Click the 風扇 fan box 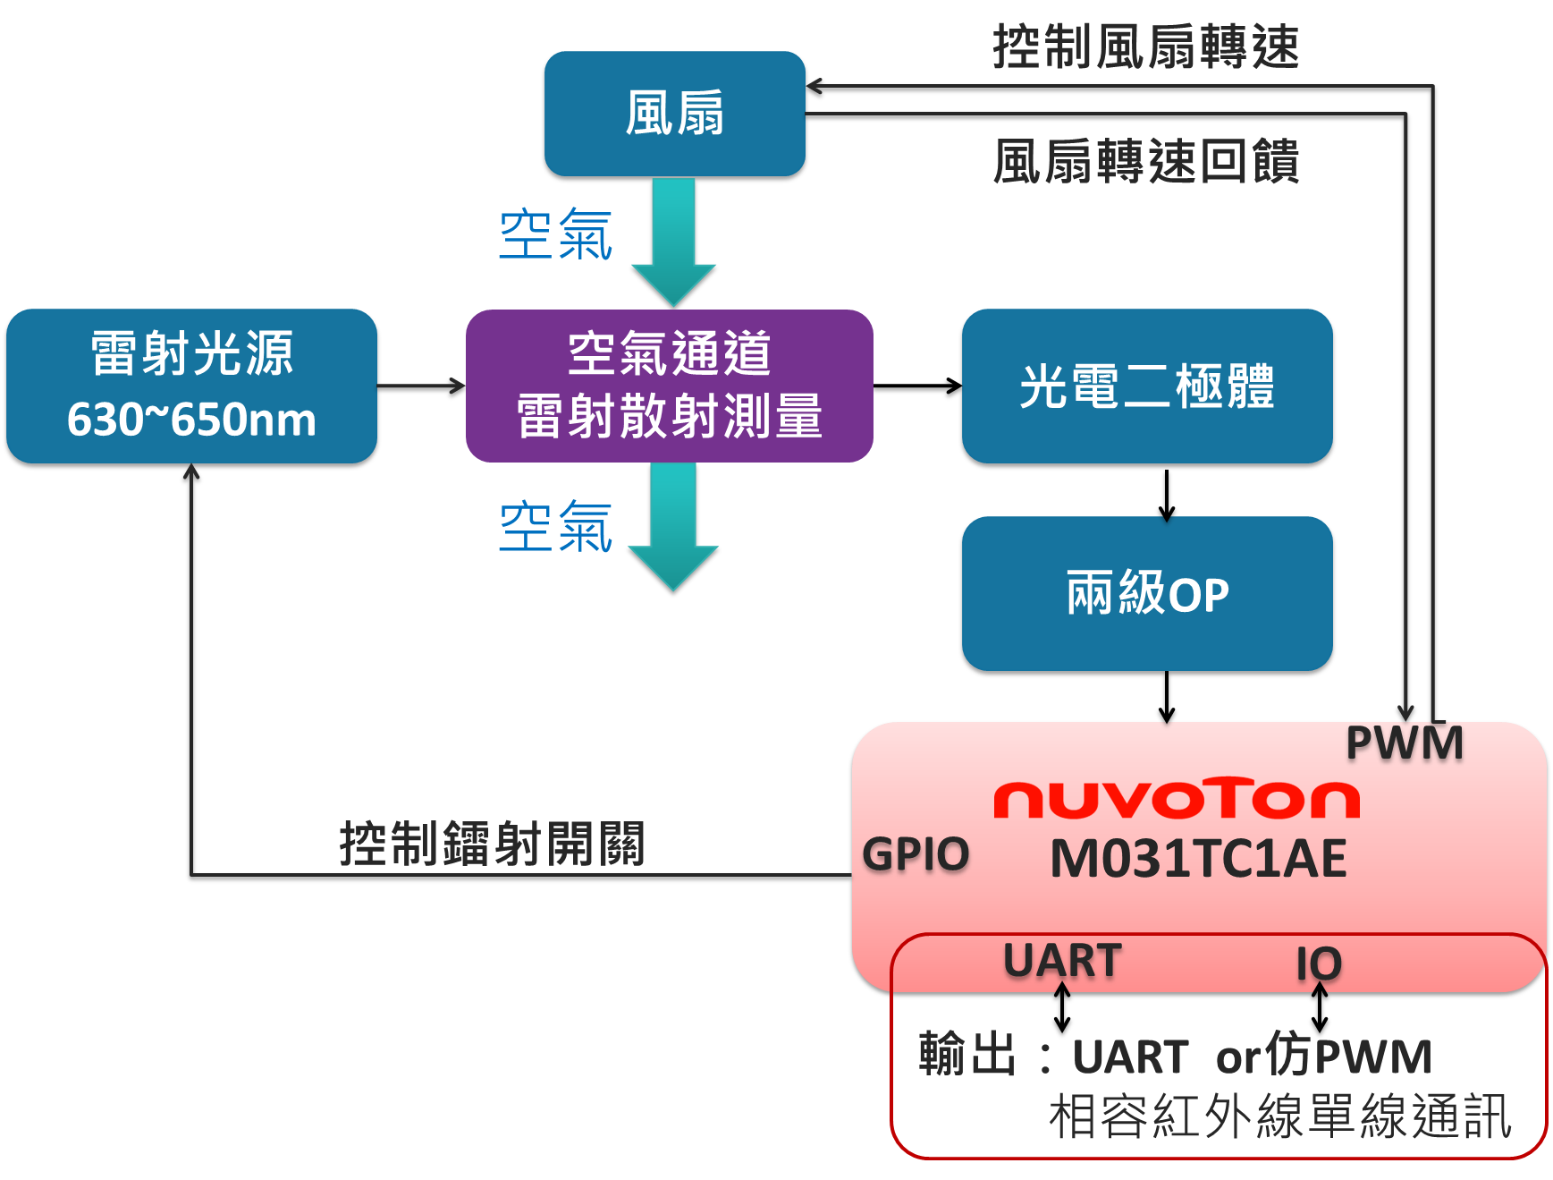pos(674,115)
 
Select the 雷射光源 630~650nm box pos(191,387)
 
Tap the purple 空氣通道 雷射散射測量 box pos(669,386)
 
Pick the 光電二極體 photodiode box pos(1147,387)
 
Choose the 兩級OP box pos(1147,594)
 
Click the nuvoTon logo pos(1176,799)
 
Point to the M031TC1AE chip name pos(1198,859)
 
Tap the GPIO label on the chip pos(916,853)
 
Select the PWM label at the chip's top pos(1404,743)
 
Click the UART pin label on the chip pos(1062,961)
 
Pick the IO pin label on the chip pos(1319,964)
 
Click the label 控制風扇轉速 pos(1145,47)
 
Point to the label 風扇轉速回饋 pos(1145,162)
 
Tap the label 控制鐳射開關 pos(492,844)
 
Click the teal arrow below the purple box pos(674,528)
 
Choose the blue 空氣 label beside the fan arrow pos(555,234)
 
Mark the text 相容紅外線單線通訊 pos(1279,1116)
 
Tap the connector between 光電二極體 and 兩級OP pos(1166,492)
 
